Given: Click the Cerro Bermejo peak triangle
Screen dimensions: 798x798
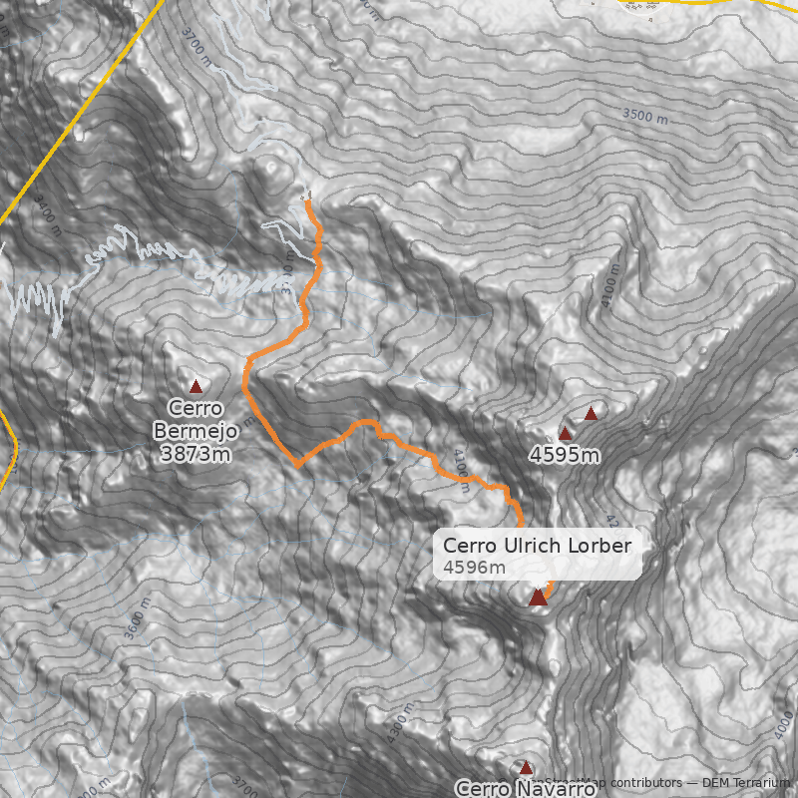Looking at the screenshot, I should (x=196, y=386).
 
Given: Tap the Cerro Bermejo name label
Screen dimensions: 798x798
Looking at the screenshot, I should (x=196, y=420).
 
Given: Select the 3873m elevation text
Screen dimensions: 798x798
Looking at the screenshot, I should (x=196, y=454).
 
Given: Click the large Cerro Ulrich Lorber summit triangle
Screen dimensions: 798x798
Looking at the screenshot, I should (x=538, y=597).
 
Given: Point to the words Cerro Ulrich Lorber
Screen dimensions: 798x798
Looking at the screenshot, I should (x=537, y=546).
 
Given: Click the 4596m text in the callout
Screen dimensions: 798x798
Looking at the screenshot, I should (x=475, y=568).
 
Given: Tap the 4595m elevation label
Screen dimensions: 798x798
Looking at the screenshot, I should (x=565, y=456).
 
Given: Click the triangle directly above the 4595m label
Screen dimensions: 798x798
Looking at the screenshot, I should (x=566, y=434).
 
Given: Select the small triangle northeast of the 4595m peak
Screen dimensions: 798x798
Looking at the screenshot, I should (x=591, y=413).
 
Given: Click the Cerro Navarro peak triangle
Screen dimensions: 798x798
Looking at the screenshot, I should (x=526, y=767).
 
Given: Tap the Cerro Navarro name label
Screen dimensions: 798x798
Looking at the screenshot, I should (x=526, y=788).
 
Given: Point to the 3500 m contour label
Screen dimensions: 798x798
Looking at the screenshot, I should (x=644, y=116).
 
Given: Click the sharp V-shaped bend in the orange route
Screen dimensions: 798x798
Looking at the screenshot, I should (x=297, y=465).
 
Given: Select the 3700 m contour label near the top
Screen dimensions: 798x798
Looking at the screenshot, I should (x=199, y=44).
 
